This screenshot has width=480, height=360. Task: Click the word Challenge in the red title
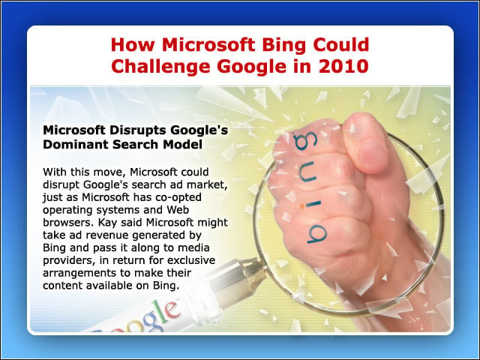160,66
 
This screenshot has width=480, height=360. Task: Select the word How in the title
133,44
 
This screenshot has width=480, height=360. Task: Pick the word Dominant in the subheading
76,144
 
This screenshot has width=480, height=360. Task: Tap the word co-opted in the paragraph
178,198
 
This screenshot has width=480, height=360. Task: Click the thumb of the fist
366,143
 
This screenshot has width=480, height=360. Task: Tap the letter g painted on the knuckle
305,141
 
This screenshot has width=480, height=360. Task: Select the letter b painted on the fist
317,234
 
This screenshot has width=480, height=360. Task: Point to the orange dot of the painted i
302,206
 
